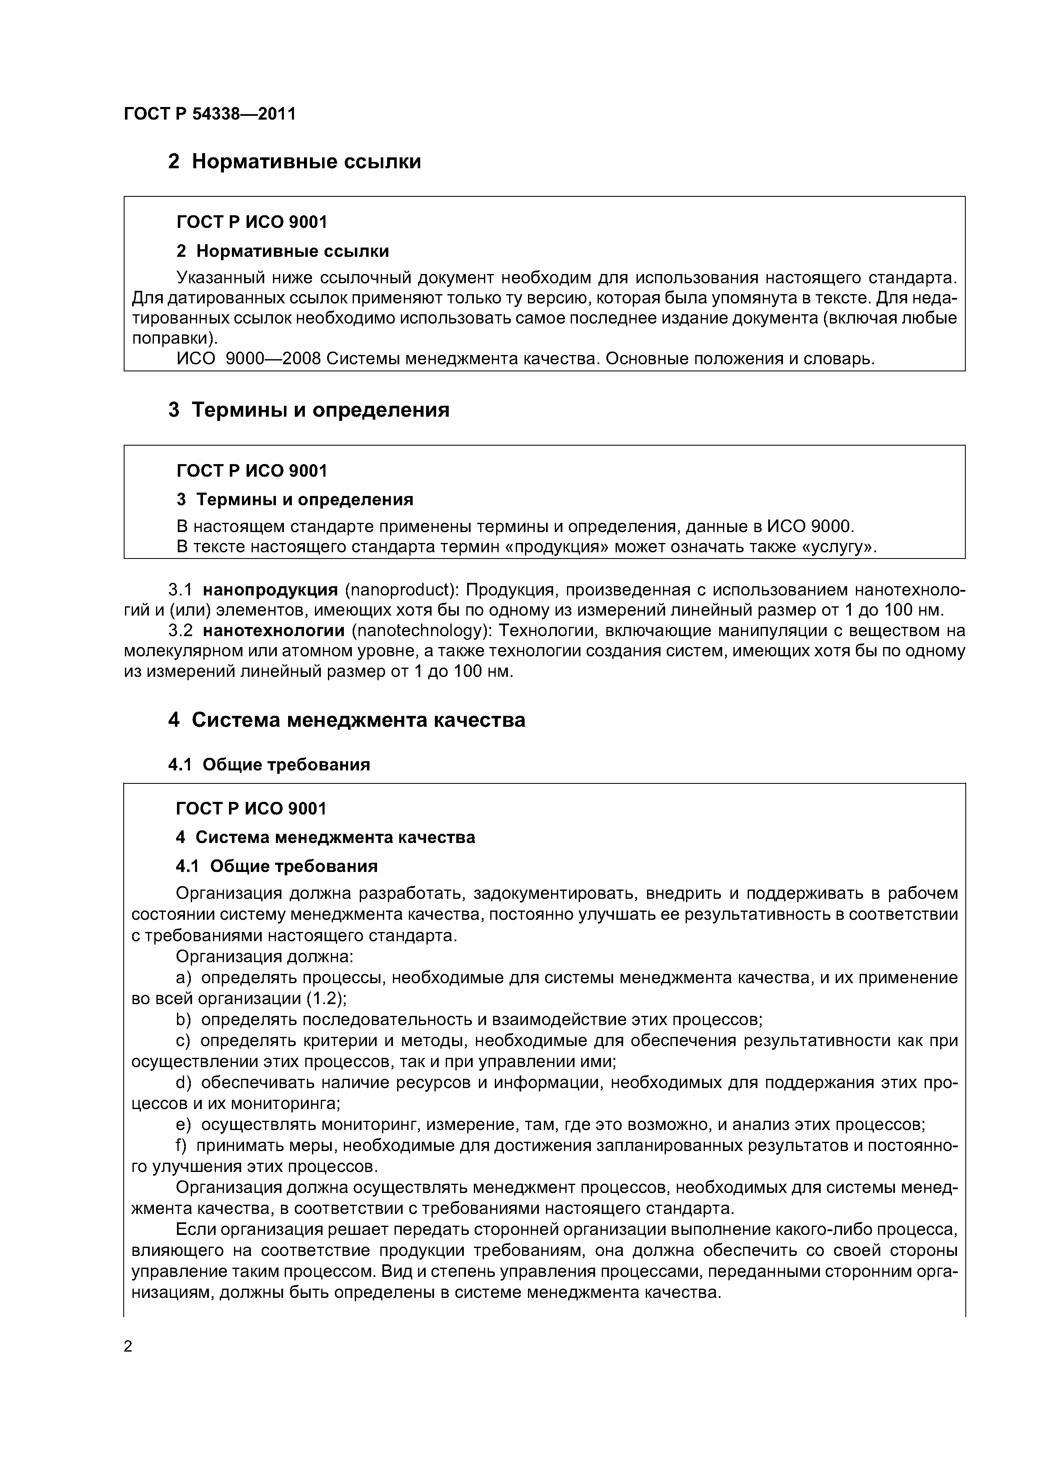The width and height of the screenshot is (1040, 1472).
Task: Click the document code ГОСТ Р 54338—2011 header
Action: tap(210, 114)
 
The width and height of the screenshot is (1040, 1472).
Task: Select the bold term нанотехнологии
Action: tap(277, 630)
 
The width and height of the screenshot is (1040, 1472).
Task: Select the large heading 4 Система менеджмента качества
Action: tap(346, 720)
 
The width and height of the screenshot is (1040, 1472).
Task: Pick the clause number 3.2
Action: tap(180, 630)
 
